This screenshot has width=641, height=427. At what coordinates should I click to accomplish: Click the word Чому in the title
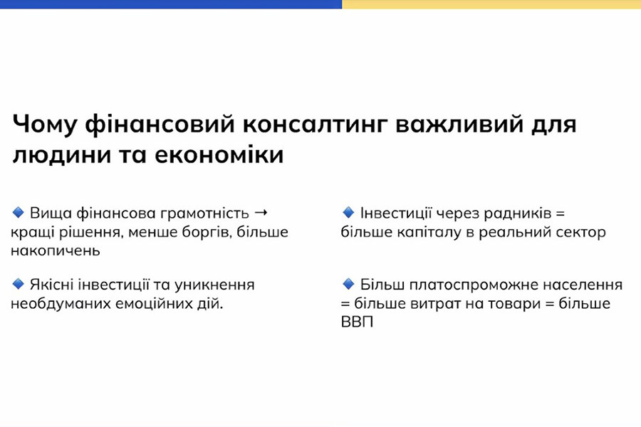[43, 125]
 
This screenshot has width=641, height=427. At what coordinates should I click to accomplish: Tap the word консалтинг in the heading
[314, 125]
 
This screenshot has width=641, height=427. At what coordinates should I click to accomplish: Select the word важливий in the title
[459, 125]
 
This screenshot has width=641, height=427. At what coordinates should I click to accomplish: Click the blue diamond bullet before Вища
[19, 213]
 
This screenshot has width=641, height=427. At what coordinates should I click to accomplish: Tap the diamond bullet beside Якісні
[19, 283]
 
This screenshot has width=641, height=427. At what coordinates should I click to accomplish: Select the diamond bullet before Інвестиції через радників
[348, 213]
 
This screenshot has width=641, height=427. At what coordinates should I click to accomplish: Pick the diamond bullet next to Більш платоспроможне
[348, 283]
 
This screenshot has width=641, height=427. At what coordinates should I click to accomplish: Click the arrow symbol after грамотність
[261, 213]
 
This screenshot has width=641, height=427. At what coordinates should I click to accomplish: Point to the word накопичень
[55, 251]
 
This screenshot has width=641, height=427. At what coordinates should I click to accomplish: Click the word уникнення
[214, 285]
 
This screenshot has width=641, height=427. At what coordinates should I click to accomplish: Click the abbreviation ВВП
[358, 322]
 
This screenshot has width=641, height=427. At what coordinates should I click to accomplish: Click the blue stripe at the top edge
[171, 4]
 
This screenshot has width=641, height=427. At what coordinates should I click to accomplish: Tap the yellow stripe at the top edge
[491, 4]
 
